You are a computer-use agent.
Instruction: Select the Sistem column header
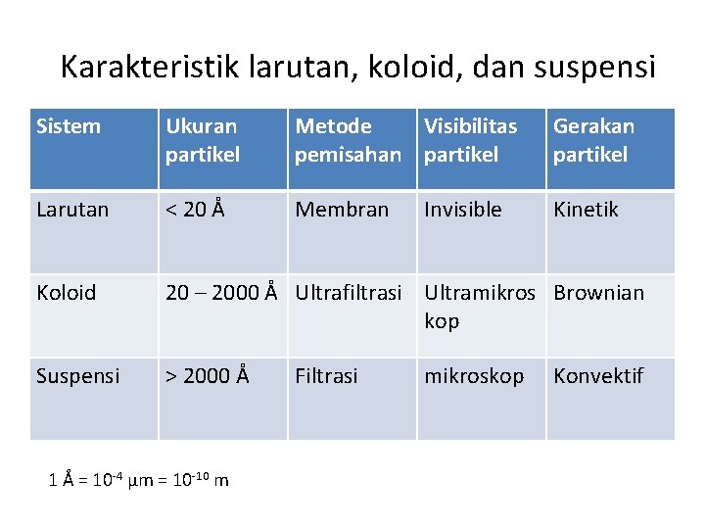coord(68,126)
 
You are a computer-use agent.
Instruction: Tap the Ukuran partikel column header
coord(202,140)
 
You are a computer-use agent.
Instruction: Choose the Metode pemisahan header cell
coord(348,140)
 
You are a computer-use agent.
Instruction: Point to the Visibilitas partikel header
coord(470,140)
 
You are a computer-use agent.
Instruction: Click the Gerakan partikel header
coord(593,140)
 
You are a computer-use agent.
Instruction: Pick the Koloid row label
coord(66,293)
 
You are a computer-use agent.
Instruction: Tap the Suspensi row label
coord(77,376)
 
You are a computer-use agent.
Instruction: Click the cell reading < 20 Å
coord(196,210)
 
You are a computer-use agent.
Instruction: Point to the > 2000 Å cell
coord(208,376)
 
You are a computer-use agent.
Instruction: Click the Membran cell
coord(342,210)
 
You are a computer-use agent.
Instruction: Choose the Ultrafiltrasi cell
coord(349,293)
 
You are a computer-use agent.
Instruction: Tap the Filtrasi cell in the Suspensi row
coord(326,376)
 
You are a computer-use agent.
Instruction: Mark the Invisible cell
coord(462,210)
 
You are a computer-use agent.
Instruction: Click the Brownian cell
coord(598,293)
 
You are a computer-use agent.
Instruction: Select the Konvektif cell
coord(597,376)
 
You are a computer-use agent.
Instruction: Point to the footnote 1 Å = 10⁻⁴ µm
coord(138,479)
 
